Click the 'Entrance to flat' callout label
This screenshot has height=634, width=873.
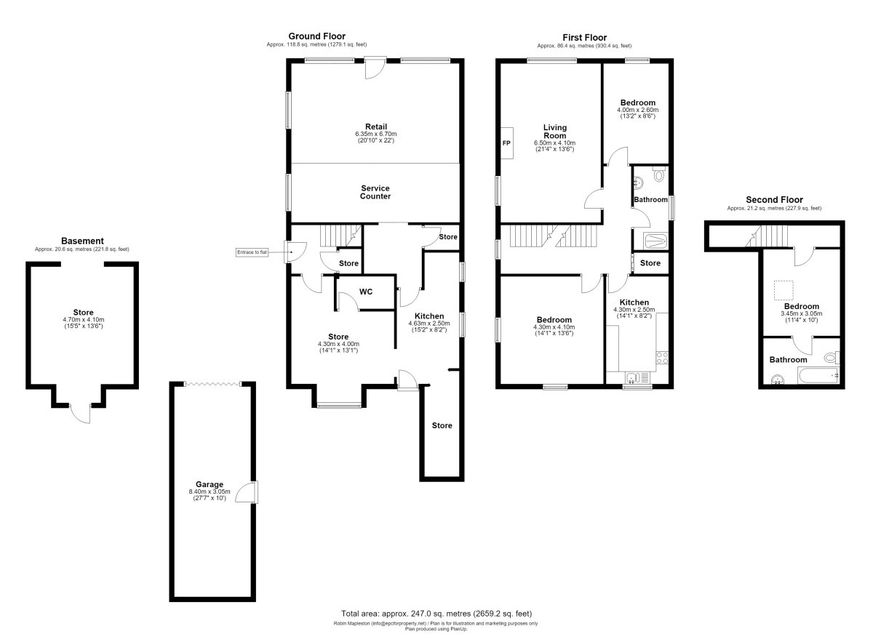[252, 252]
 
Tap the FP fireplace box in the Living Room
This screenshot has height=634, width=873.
[506, 143]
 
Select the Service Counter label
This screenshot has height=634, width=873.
[375, 193]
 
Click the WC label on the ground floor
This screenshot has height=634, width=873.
[365, 292]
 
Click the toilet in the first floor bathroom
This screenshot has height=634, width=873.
[659, 174]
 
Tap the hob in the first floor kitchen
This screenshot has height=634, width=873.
[662, 358]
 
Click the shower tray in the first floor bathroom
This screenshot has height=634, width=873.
[656, 241]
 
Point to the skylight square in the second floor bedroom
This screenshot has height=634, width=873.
[784, 291]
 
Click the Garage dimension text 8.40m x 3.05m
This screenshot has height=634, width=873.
[210, 491]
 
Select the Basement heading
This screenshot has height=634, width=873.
[82, 241]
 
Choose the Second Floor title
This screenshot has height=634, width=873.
[774, 200]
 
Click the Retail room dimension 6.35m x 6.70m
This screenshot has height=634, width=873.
[375, 134]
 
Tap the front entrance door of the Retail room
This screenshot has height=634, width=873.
[375, 68]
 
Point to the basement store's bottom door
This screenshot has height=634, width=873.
[81, 414]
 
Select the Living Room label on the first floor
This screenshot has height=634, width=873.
[555, 132]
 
